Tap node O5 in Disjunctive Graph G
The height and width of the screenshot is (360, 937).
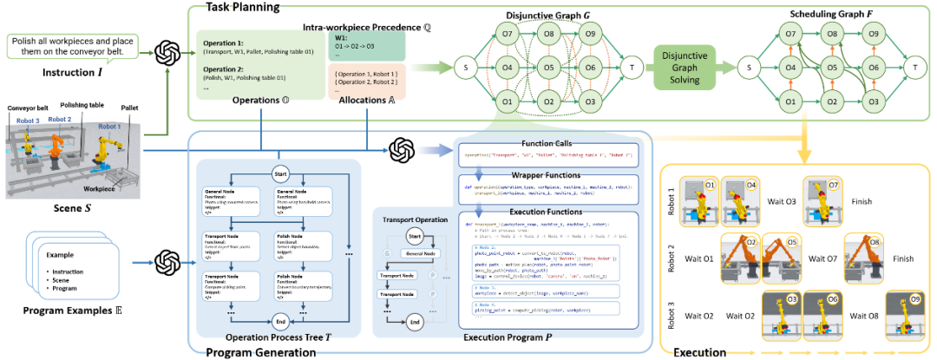pos(548,67)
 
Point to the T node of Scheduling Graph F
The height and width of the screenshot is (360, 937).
pos(912,67)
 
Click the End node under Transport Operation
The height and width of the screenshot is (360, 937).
pos(416,321)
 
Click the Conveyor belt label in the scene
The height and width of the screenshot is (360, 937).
pos(28,109)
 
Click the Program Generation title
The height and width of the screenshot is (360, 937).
pos(260,352)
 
